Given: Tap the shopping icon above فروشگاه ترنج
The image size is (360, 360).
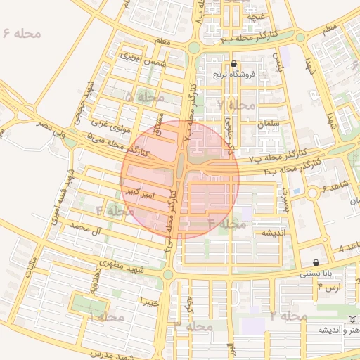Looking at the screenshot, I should [233, 63].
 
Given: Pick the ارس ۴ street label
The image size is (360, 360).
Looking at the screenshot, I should [328, 288].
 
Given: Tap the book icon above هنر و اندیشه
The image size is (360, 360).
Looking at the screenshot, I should [353, 319].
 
